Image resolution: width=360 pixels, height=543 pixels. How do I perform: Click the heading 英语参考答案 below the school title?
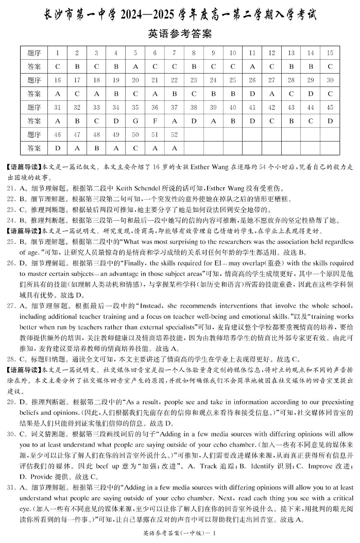coord(180,34)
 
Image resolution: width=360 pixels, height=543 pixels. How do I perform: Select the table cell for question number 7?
coord(174,53)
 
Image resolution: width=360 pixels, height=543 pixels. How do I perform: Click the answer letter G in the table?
coord(135,120)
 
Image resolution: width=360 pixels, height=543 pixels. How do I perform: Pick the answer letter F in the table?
coord(155,120)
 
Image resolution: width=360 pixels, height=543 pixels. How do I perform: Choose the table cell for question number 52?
coord(174,134)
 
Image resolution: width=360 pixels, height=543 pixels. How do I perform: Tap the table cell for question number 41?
coord(252,107)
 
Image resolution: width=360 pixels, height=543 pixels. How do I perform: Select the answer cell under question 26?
coord(252,94)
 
